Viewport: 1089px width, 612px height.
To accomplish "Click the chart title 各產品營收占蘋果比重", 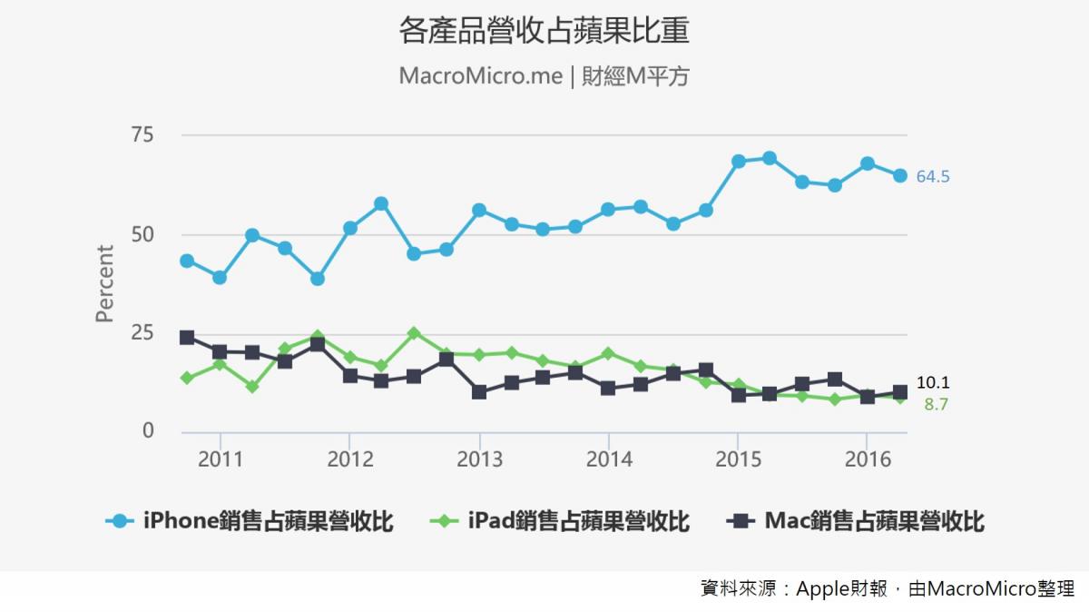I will pos(544,33).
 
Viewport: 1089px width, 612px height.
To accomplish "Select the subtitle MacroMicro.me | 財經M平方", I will pos(544,76).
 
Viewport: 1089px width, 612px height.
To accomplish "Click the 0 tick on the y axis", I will pos(148,430).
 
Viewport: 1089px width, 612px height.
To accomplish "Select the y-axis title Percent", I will pos(105,283).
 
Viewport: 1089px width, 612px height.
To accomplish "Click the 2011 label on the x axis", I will pos(221,459).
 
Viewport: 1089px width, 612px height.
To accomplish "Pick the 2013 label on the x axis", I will pos(479,459).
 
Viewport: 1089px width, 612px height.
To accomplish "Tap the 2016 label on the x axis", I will pos(868,459).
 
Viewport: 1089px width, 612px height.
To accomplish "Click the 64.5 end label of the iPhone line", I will pos(932,177).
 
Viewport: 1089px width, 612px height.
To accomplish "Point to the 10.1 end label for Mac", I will pos(932,383).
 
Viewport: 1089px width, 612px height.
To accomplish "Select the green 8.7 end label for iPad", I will pos(936,405).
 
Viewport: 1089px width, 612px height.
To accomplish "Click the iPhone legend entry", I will pos(250,521).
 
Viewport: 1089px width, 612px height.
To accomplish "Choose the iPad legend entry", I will pos(559,521).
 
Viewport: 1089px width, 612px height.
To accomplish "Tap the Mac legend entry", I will pos(856,521).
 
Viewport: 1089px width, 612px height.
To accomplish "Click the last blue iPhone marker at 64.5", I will pos(899,176).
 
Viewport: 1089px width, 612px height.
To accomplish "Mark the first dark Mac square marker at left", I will pos(187,338).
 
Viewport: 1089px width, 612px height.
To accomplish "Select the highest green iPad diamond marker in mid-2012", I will pos(414,333).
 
